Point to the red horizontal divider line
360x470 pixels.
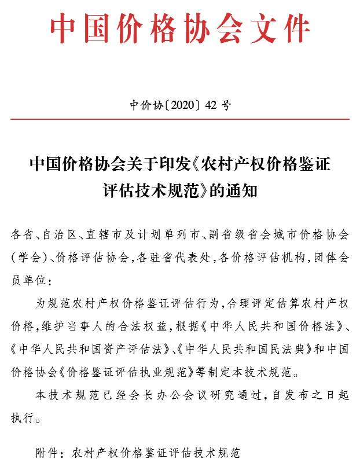click(x=180, y=119)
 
